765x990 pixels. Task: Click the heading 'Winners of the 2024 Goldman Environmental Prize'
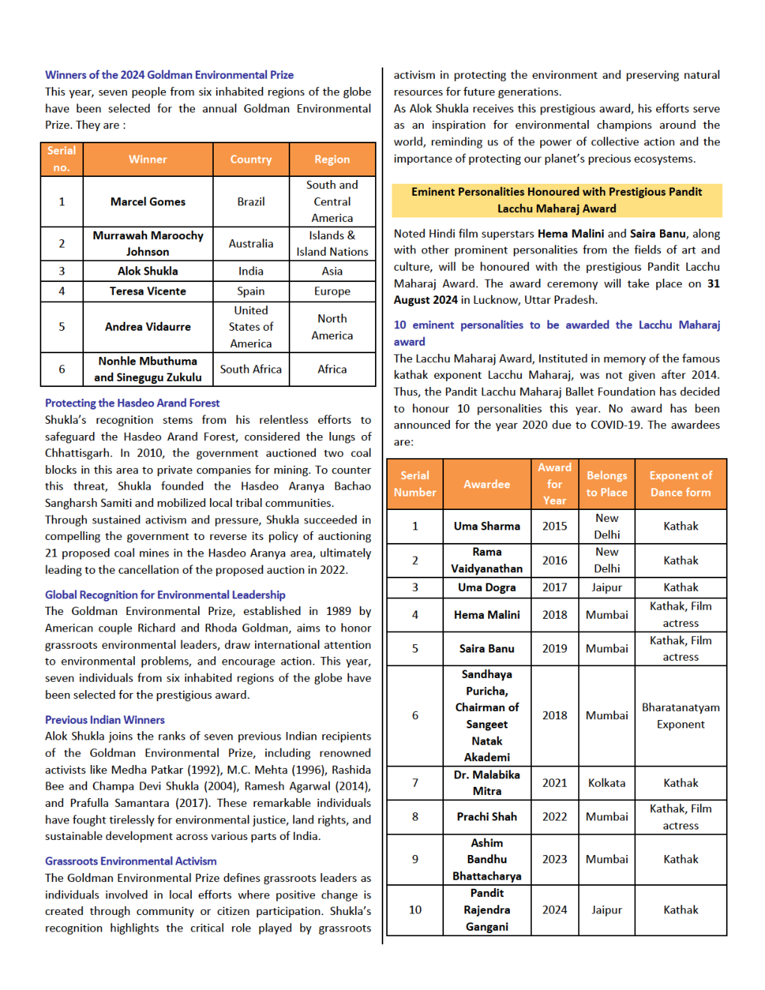pyautogui.click(x=169, y=75)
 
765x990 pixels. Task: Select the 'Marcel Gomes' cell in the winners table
pyautogui.click(x=148, y=202)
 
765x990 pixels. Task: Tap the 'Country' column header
pyautogui.click(x=250, y=160)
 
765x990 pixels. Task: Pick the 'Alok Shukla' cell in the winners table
pyautogui.click(x=148, y=271)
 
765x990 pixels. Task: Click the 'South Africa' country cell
pyautogui.click(x=250, y=369)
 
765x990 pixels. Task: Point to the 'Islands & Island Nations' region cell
pyautogui.click(x=331, y=244)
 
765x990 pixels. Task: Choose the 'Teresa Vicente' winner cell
pyautogui.click(x=148, y=291)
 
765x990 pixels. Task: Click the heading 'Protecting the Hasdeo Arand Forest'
pyautogui.click(x=132, y=403)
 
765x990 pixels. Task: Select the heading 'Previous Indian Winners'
pyautogui.click(x=104, y=720)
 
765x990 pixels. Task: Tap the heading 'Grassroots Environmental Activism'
pyautogui.click(x=130, y=861)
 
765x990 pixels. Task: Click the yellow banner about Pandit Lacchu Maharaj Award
pyautogui.click(x=556, y=200)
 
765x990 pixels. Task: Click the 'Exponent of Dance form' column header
pyautogui.click(x=680, y=484)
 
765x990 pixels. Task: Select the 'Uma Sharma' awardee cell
pyautogui.click(x=487, y=526)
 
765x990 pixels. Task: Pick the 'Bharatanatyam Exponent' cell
pyautogui.click(x=680, y=715)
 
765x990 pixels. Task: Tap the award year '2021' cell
pyautogui.click(x=554, y=783)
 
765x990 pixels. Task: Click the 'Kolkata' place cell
pyautogui.click(x=606, y=783)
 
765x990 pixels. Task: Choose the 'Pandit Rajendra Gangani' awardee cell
pyautogui.click(x=487, y=910)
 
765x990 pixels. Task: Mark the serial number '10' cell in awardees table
pyautogui.click(x=415, y=910)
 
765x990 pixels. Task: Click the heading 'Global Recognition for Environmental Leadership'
pyautogui.click(x=165, y=595)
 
